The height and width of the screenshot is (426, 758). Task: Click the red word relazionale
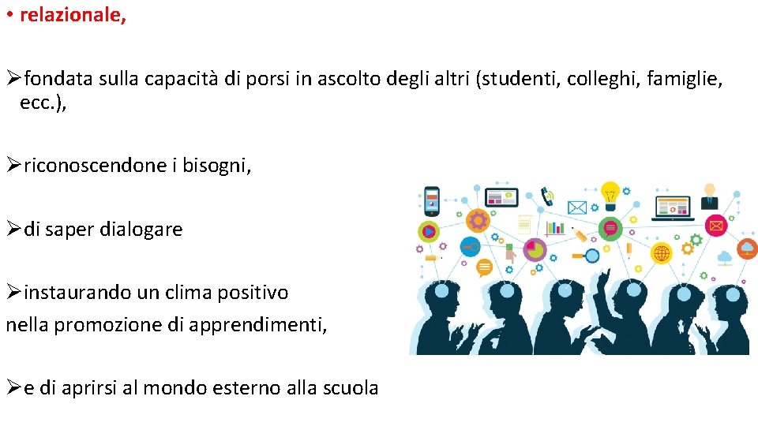(x=72, y=16)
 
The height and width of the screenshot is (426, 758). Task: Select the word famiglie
(x=686, y=79)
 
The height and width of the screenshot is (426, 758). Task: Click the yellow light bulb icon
(x=610, y=192)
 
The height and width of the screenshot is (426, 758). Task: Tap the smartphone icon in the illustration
(x=432, y=200)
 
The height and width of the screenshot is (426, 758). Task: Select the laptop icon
(x=672, y=207)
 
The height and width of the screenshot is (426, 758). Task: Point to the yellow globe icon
(x=661, y=253)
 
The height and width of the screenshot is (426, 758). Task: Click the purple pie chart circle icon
(x=535, y=250)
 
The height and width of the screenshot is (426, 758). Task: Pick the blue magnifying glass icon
(x=590, y=255)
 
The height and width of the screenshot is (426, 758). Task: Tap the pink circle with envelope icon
(x=716, y=226)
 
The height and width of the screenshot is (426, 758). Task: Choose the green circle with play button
(x=429, y=232)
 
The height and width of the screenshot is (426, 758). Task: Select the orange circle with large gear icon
(x=478, y=220)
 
